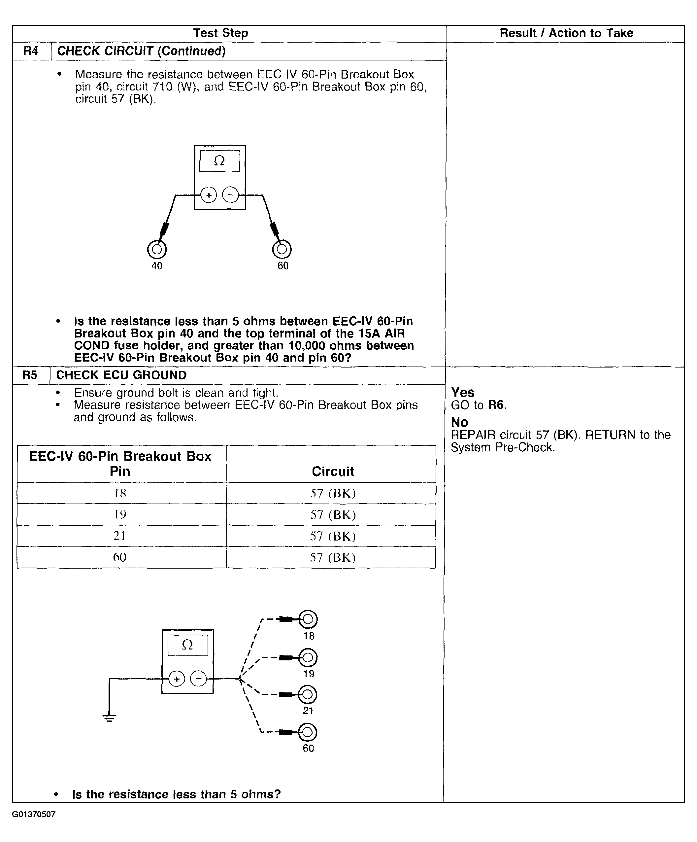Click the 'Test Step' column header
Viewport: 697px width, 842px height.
click(220, 33)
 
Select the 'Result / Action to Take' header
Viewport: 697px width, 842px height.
click(566, 33)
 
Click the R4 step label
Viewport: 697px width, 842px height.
click(31, 51)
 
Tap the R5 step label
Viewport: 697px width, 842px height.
click(30, 375)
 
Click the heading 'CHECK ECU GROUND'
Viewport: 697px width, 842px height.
click(121, 375)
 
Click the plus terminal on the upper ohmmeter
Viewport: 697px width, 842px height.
click(209, 195)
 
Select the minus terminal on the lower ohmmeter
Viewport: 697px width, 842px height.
click(198, 679)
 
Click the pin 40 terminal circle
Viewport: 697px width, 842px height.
click(157, 249)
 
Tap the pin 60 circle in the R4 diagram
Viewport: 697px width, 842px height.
click(282, 249)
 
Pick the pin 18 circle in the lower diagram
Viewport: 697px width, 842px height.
click(308, 619)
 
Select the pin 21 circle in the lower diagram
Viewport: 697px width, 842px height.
click(308, 694)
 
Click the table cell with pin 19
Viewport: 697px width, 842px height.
click(120, 514)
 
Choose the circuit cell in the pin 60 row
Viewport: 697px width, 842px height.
click(333, 557)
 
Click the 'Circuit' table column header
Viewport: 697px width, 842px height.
click(333, 471)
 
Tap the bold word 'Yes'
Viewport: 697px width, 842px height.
click(463, 392)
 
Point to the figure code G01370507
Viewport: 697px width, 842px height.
click(34, 814)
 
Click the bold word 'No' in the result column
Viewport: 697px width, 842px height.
click(459, 422)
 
